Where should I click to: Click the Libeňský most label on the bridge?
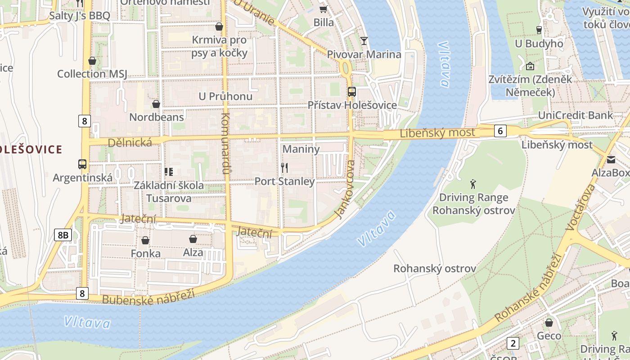coord(437,133)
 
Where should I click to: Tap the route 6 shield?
coord(500,131)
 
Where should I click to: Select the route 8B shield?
coord(63,234)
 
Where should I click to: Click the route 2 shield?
coord(513,343)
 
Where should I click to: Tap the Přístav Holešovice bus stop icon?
coord(352,92)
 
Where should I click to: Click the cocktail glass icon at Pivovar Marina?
coord(364,41)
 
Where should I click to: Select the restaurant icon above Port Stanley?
coord(284,168)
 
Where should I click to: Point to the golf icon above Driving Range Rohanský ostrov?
coord(473,184)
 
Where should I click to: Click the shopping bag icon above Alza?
coord(193,239)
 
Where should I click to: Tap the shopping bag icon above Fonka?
coord(145,240)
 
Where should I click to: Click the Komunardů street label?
coord(225,144)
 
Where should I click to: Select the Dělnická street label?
coord(130,142)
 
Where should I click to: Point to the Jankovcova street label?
coord(346,189)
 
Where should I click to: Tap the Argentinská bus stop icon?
coord(82,164)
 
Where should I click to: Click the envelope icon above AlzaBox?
coord(611,160)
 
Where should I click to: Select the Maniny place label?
coord(301,149)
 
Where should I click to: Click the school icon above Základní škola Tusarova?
coord(169,171)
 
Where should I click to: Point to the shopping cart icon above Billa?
coord(323,9)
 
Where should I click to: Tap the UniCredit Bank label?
coord(575,115)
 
